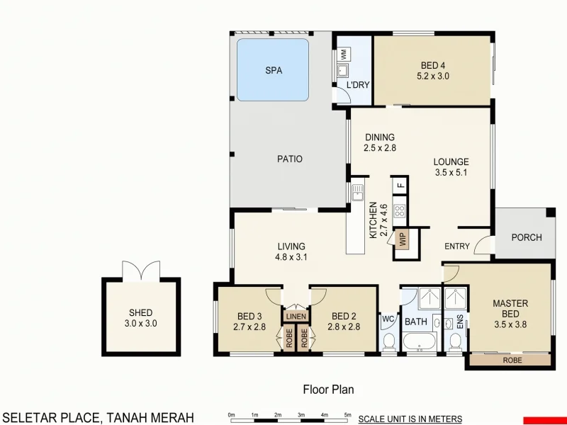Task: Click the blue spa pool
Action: point(273,69)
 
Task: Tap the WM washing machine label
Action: point(343,53)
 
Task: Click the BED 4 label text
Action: point(433,65)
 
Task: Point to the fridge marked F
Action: point(400,186)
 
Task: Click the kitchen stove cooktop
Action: point(399,210)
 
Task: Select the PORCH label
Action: point(526,237)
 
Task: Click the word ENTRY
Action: point(457,246)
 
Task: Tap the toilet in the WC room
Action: point(388,344)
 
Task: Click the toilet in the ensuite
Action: point(455,343)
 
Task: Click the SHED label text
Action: point(140,312)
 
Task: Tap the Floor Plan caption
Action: point(328,389)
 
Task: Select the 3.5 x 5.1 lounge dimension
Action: point(451,172)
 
